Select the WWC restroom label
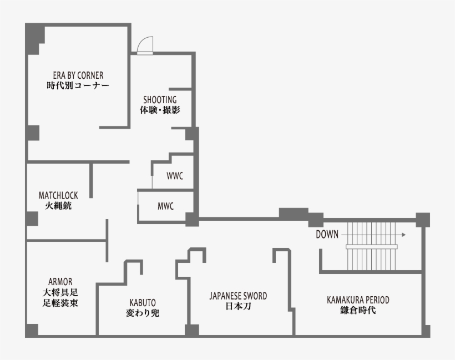175,176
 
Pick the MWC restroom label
165,206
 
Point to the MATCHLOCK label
58,195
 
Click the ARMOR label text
60,281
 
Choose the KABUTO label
143,302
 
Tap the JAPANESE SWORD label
238,296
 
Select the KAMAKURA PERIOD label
358,300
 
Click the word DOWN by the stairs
327,235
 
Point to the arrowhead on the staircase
403,235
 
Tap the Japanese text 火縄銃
58,206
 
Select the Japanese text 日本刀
238,306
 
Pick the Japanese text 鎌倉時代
358,311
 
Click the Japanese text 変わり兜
143,313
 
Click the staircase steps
372,245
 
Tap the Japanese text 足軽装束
60,303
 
